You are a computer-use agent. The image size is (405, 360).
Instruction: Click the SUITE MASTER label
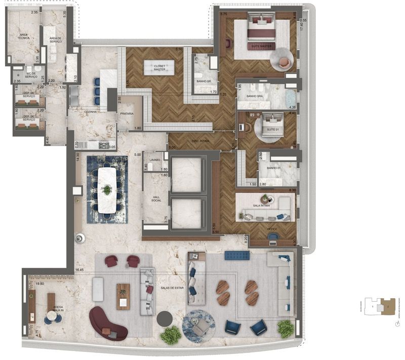point(261,46)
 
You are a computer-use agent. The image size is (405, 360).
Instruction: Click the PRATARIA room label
point(127,114)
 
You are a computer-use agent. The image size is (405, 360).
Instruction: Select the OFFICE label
point(272,229)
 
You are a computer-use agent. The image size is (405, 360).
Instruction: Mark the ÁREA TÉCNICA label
point(23,38)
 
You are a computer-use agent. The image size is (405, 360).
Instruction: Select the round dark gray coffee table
point(165,319)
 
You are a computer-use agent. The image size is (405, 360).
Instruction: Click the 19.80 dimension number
point(40,285)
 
